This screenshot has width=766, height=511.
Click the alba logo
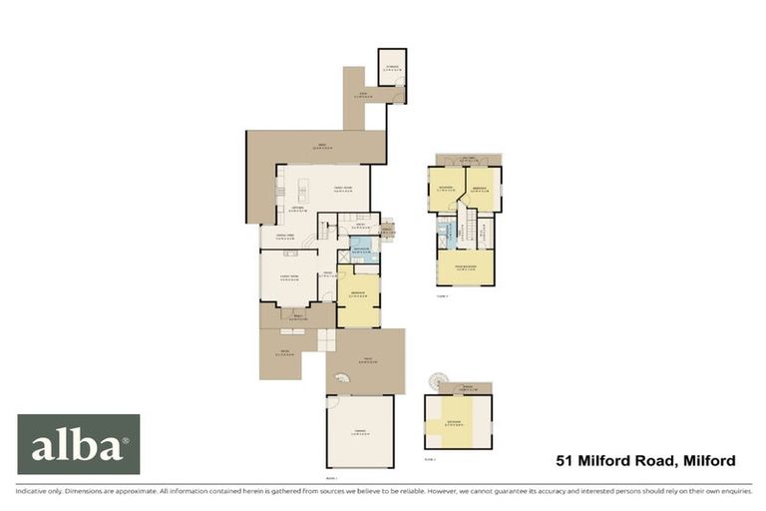(x=79, y=444)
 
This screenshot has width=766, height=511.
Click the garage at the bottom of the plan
(x=359, y=431)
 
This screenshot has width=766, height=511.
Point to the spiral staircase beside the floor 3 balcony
(x=435, y=380)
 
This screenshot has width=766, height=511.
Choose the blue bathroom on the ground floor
(x=362, y=248)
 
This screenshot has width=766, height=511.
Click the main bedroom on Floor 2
(x=466, y=266)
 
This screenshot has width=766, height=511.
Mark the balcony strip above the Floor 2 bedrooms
(x=466, y=160)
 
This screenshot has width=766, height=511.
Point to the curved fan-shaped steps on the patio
(x=341, y=379)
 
